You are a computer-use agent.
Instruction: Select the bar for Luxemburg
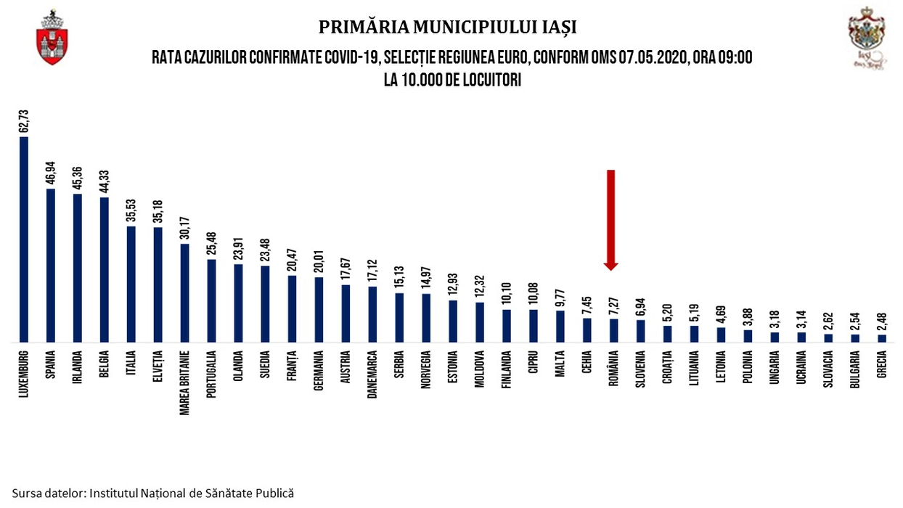click(23, 239)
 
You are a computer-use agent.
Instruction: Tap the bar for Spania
click(50, 265)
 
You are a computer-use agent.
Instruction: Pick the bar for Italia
click(131, 284)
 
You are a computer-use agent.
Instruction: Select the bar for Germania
click(318, 309)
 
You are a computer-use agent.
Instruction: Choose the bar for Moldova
click(479, 321)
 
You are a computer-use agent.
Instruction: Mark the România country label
click(613, 371)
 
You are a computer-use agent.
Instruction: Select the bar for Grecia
click(881, 337)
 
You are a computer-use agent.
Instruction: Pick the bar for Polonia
click(748, 335)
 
